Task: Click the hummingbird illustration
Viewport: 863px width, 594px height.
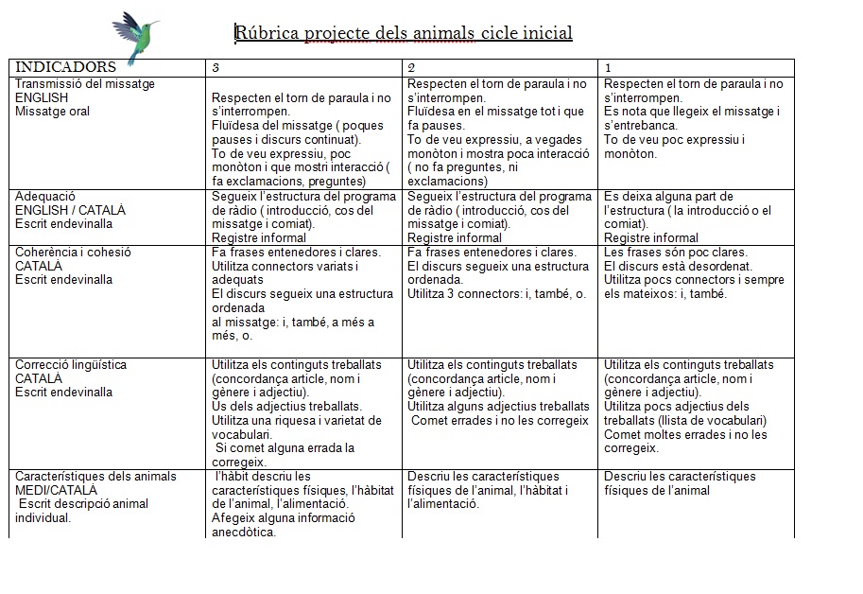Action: [135, 35]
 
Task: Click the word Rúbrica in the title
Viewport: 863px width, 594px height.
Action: [268, 34]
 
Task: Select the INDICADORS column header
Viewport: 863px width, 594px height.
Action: [66, 67]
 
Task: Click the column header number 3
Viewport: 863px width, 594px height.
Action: [216, 67]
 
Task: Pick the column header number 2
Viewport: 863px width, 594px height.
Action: [411, 67]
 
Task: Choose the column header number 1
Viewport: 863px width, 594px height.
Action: [608, 67]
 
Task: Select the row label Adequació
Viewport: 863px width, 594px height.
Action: [45, 197]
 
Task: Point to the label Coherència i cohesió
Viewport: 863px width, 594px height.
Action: [73, 253]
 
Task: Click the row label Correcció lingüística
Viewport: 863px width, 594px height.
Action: [71, 365]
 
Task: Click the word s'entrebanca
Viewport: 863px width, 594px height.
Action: [640, 125]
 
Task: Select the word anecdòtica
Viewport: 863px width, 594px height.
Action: [244, 532]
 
